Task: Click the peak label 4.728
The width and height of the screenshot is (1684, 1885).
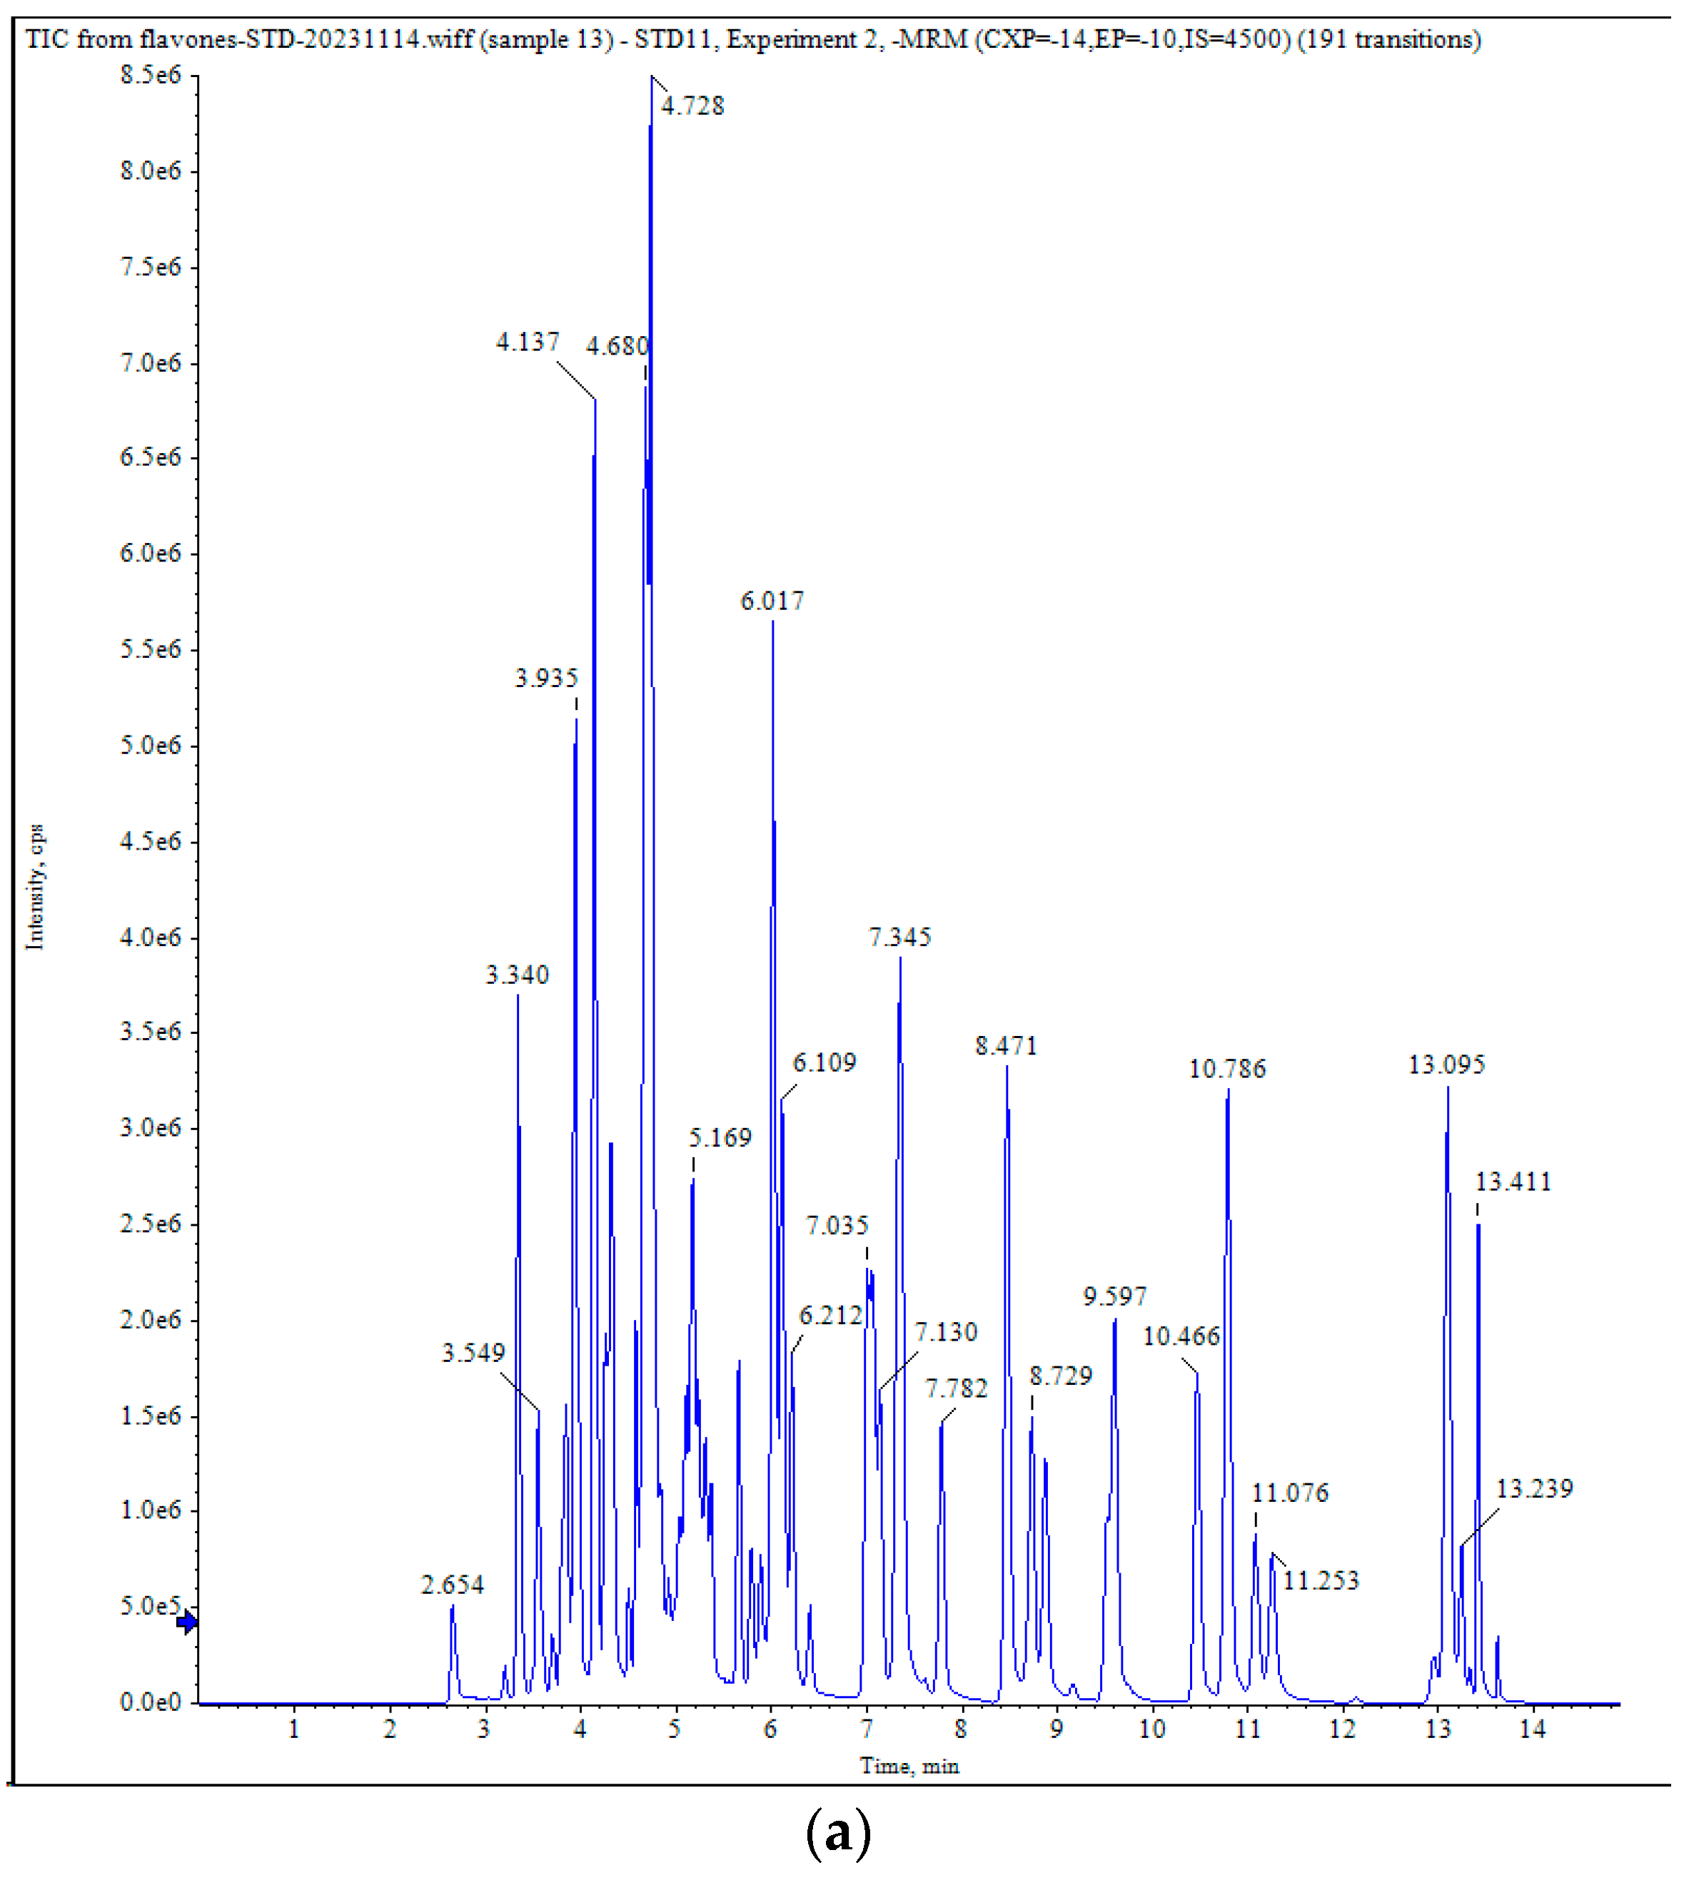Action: pos(692,106)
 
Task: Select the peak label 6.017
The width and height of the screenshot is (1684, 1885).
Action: pos(772,601)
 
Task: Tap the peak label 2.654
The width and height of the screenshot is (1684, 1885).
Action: pos(453,1585)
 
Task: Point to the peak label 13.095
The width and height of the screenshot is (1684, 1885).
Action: pos(1446,1065)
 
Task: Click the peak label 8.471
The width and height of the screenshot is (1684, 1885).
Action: pos(1006,1046)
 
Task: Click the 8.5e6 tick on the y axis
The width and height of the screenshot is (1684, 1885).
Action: pos(151,75)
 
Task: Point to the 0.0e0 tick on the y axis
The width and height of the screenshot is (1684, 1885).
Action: pos(151,1703)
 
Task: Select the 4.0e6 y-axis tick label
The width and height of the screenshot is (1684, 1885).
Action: pos(151,938)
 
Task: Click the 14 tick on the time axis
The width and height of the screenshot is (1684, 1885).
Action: pos(1532,1729)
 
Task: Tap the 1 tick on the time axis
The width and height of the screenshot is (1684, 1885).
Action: pos(294,1729)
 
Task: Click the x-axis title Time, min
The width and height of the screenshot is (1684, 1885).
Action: pos(909,1766)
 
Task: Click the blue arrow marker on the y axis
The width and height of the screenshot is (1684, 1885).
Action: pos(187,1622)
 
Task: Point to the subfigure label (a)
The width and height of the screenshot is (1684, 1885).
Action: pos(838,1833)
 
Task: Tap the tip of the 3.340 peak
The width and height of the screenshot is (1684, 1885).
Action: pos(518,995)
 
